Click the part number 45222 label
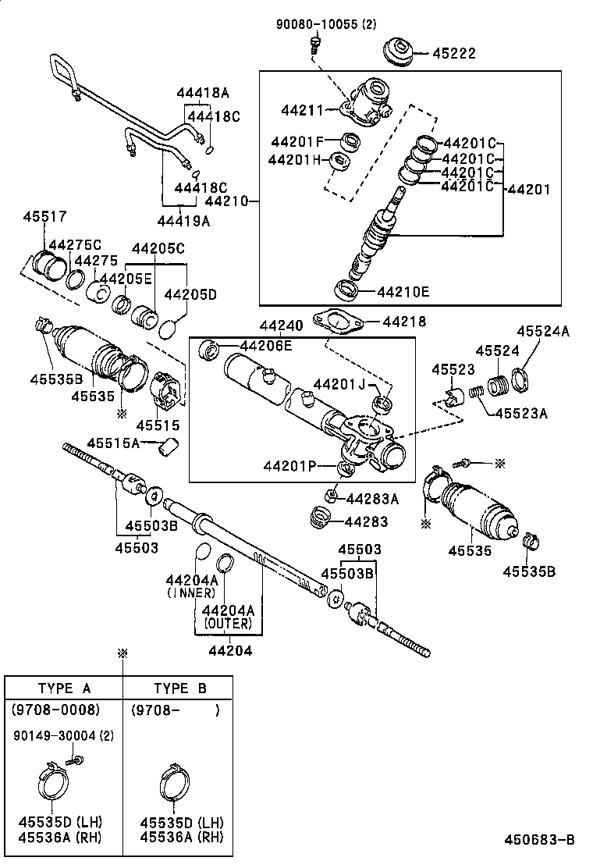point(454,54)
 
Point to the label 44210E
point(403,293)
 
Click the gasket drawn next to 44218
point(336,322)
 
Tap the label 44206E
point(266,346)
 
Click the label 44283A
point(372,498)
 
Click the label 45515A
point(113,443)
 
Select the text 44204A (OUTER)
point(228,617)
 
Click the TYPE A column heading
point(65,688)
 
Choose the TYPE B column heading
point(180,688)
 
